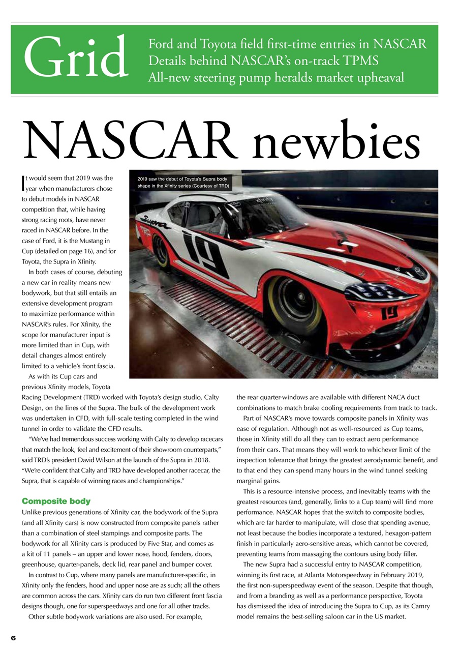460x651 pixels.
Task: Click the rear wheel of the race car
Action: pyautogui.click(x=162, y=251)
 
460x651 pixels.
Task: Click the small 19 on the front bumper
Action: pyautogui.click(x=390, y=314)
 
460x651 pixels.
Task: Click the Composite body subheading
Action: pyautogui.click(x=54, y=501)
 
